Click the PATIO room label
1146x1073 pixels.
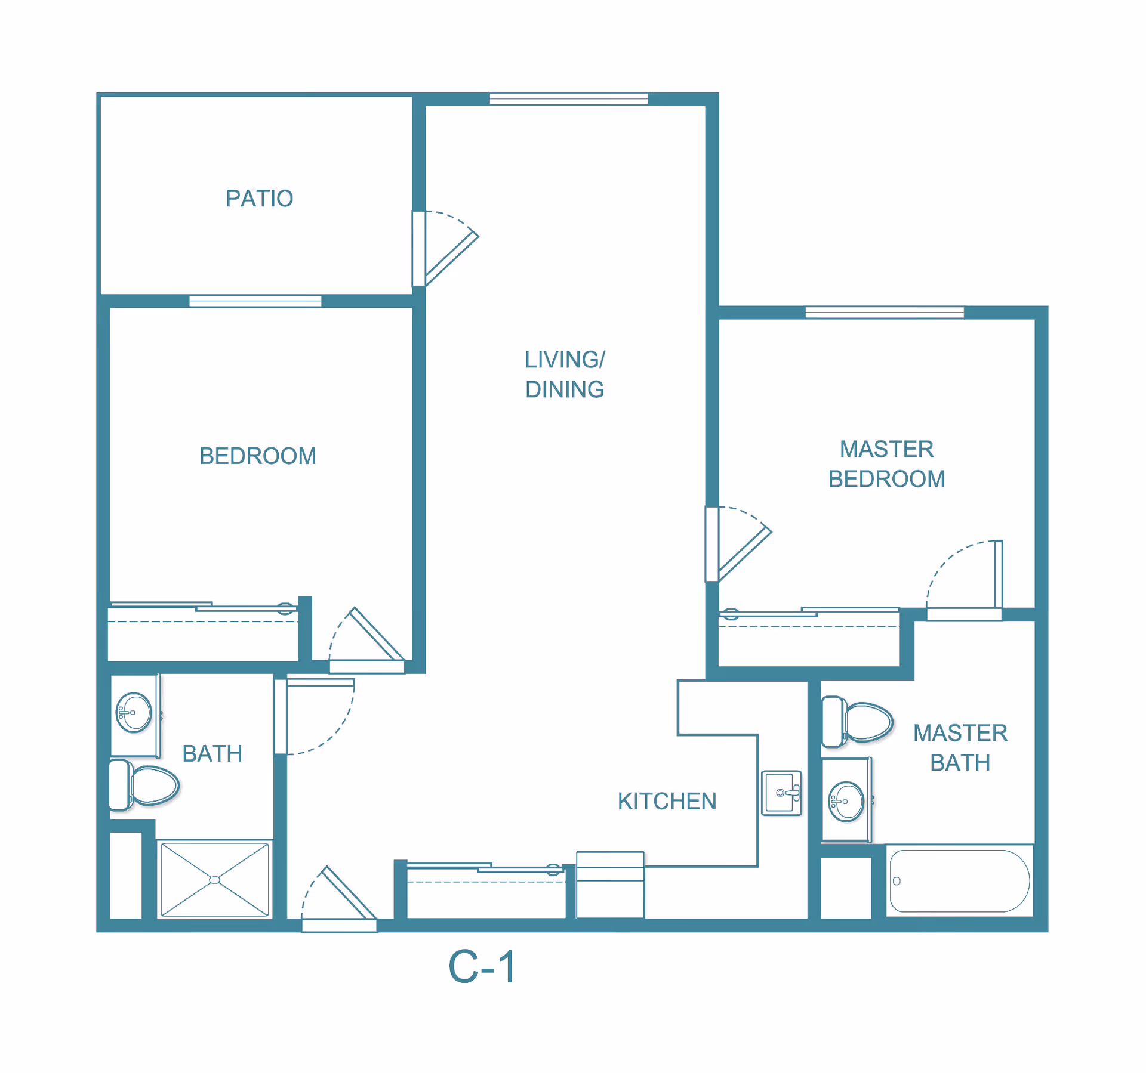pyautogui.click(x=259, y=199)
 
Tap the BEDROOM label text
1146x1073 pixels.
pyautogui.click(x=257, y=456)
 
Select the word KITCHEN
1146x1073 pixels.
pyautogui.click(x=667, y=802)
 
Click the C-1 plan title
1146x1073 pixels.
pyautogui.click(x=482, y=967)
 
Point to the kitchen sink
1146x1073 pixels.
pyautogui.click(x=781, y=793)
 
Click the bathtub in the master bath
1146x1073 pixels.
pyautogui.click(x=959, y=881)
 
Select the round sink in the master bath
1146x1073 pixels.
pyautogui.click(x=846, y=802)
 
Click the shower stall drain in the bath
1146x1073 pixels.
pyautogui.click(x=215, y=880)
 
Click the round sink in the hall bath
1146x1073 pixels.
pyautogui.click(x=134, y=712)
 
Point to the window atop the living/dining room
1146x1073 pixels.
pyautogui.click(x=568, y=99)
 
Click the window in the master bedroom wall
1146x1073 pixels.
pyautogui.click(x=884, y=313)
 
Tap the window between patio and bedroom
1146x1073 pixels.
pyautogui.click(x=255, y=301)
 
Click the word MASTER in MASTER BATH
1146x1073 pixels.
pyautogui.click(x=960, y=733)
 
